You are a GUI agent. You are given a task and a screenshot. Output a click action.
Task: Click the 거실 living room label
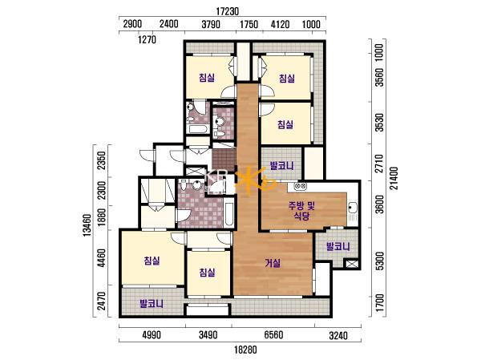click(273, 263)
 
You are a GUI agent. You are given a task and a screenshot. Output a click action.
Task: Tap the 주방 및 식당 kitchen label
click(301, 211)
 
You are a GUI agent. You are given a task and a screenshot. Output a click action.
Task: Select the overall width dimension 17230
click(228, 11)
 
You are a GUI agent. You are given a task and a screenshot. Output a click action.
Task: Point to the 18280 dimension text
click(245, 350)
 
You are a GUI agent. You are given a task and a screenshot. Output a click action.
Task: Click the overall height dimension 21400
click(394, 178)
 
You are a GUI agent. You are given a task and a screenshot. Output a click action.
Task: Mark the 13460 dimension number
click(87, 225)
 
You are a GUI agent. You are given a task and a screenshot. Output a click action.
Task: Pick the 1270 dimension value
click(147, 39)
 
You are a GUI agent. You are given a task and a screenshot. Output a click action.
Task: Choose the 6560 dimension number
click(273, 334)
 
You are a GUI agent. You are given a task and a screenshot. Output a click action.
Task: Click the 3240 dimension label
click(338, 336)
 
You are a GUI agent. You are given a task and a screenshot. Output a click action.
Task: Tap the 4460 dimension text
click(101, 258)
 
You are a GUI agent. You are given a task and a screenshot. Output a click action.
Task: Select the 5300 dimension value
click(379, 261)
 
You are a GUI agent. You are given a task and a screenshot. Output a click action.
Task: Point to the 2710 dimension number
click(379, 164)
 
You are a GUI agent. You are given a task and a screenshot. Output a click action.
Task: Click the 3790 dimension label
click(211, 24)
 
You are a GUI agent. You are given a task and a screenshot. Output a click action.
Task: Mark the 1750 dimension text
click(249, 24)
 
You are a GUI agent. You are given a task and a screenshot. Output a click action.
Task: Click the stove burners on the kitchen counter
click(300, 186)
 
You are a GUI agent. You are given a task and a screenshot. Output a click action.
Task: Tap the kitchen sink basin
click(352, 208)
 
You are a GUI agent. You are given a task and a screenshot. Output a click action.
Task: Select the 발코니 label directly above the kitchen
click(281, 166)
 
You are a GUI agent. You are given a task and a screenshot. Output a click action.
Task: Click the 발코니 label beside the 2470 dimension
click(152, 304)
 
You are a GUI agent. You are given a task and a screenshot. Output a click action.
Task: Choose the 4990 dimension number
click(152, 334)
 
